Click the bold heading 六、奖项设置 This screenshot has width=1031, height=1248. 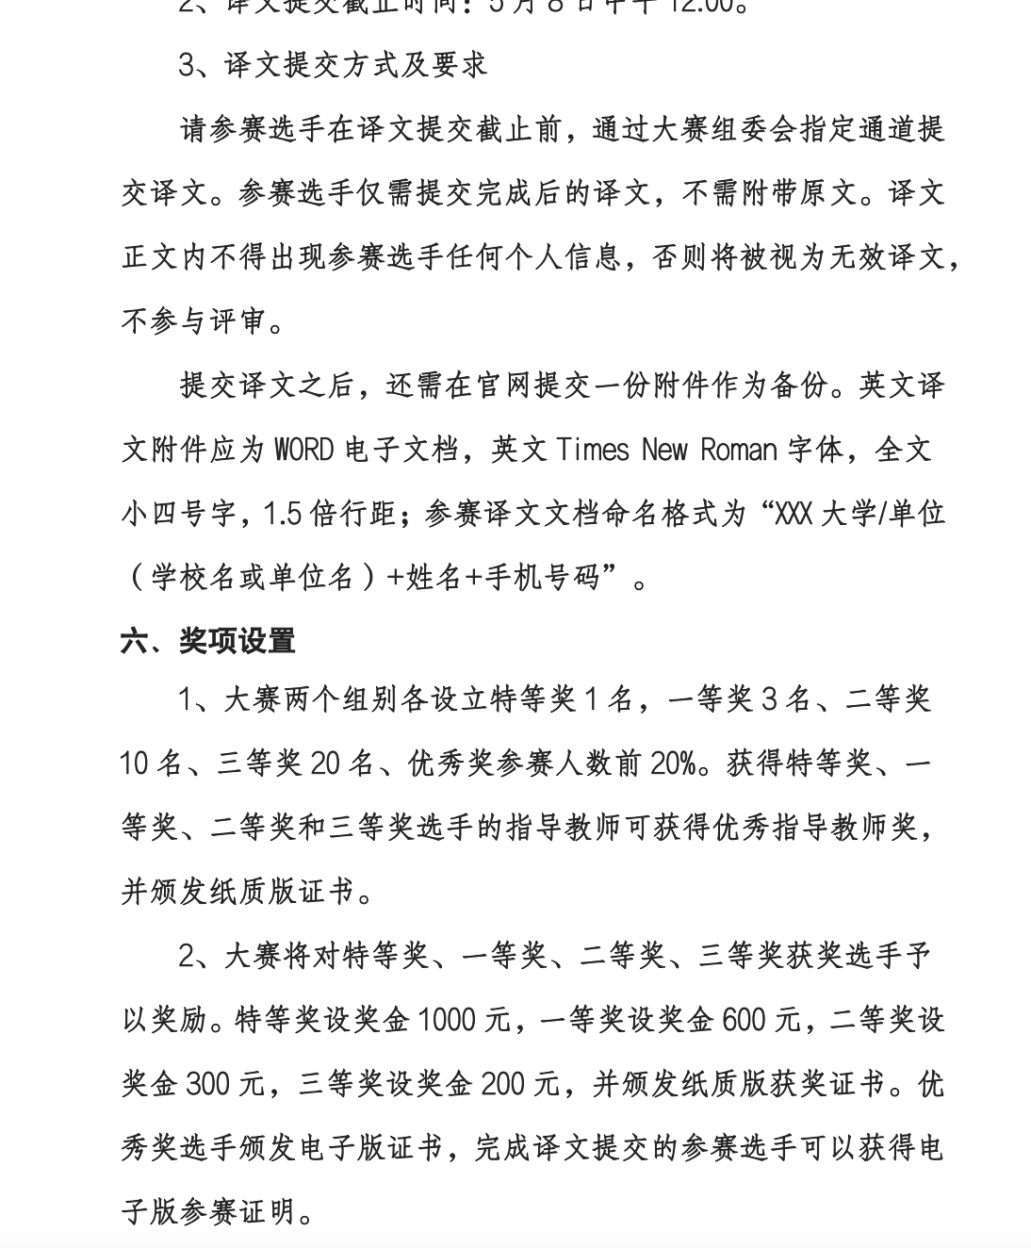tap(207, 641)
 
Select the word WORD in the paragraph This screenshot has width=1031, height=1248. tap(303, 450)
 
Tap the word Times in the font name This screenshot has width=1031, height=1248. tap(592, 450)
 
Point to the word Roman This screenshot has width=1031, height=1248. tap(738, 450)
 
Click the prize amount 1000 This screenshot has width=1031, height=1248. tap(446, 1020)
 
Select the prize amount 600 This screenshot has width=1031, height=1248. tap(750, 1020)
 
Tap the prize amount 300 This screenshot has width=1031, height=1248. tap(207, 1084)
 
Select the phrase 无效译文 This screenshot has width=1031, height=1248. tap(887, 256)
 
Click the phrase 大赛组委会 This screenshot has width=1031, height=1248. tap(725, 128)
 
